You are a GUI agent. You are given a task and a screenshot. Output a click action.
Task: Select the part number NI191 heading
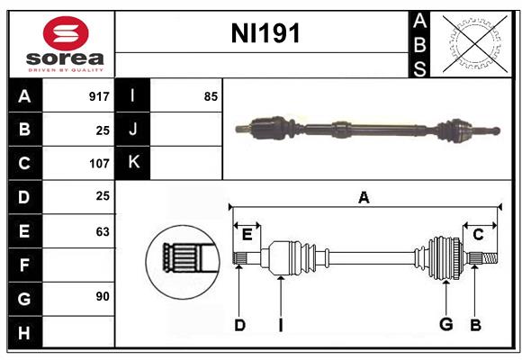(265, 34)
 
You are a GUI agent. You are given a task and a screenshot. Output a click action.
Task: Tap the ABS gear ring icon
(475, 43)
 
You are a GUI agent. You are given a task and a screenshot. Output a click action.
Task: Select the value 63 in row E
(102, 232)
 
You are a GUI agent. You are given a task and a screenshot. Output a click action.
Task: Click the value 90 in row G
(102, 295)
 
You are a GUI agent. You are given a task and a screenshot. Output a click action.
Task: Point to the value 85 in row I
(211, 95)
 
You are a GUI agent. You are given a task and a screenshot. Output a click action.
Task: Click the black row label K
(133, 163)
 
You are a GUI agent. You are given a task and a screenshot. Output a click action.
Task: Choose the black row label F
(24, 265)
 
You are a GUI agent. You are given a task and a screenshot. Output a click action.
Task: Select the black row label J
(133, 130)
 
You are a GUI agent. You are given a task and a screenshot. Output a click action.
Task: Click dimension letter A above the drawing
(364, 197)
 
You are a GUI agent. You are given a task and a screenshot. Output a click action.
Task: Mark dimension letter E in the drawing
(247, 235)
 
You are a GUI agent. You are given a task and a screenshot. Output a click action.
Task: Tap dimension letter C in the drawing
(478, 235)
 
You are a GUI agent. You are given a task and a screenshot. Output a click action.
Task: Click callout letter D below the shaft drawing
(239, 325)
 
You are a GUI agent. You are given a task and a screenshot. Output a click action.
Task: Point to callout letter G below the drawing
(445, 325)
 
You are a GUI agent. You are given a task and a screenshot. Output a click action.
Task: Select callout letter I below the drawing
(280, 325)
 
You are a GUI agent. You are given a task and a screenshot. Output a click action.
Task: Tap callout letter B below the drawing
(474, 325)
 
